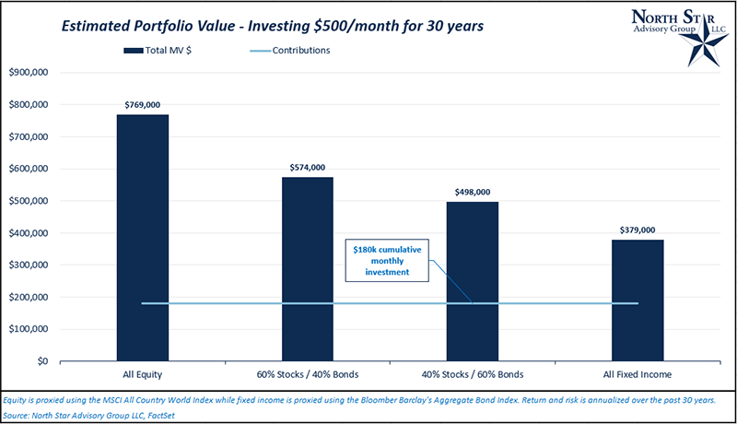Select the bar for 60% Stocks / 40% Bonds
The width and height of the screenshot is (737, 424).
coord(308,268)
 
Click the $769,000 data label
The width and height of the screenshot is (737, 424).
coord(142,105)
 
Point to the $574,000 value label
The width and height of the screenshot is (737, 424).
coord(308,168)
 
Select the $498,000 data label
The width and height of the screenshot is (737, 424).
coord(473,192)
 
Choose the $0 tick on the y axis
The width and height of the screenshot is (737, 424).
coord(41,361)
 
